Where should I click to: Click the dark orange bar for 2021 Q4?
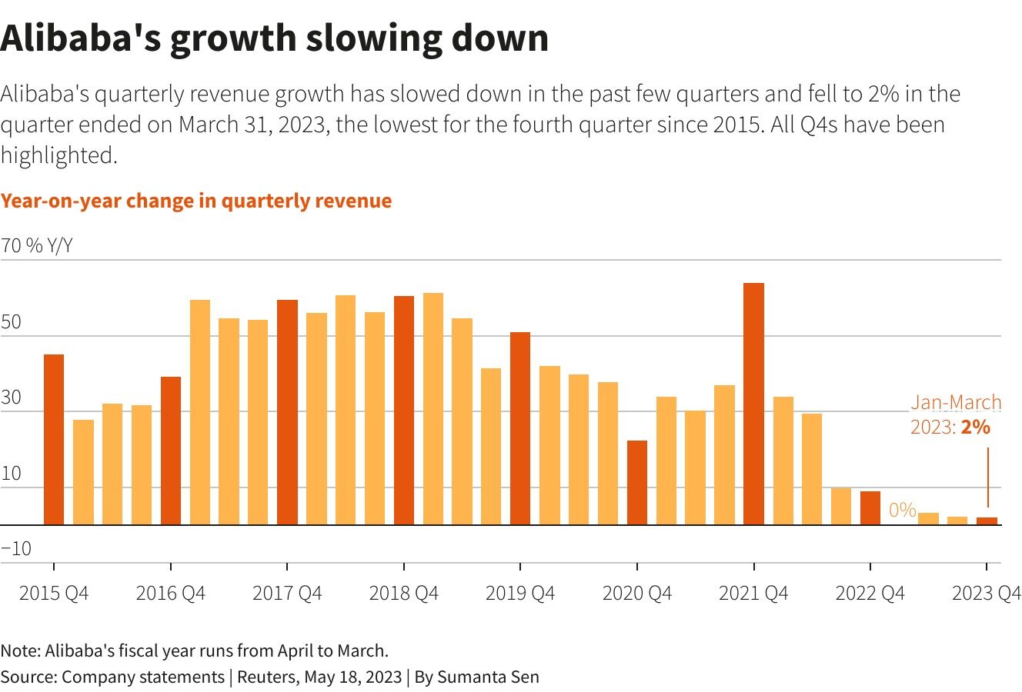click(x=753, y=404)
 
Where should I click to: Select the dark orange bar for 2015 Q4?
click(x=54, y=439)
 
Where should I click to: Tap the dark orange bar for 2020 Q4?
click(x=637, y=482)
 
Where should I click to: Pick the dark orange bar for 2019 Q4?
click(x=520, y=428)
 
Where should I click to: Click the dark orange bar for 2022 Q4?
click(x=870, y=508)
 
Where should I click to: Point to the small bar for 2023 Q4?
click(x=987, y=521)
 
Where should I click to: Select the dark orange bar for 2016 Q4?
click(x=171, y=451)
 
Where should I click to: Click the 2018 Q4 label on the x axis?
click(x=403, y=594)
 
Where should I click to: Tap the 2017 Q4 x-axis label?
click(x=287, y=594)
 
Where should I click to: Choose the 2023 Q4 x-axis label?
click(x=986, y=594)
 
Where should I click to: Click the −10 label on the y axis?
click(x=16, y=549)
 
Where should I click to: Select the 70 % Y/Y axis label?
click(x=37, y=246)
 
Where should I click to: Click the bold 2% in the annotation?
click(x=975, y=426)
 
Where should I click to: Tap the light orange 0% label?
click(x=902, y=510)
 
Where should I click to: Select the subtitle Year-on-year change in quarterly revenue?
click(x=196, y=201)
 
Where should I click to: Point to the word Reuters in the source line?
click(x=267, y=677)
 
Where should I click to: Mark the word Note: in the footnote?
click(x=20, y=650)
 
